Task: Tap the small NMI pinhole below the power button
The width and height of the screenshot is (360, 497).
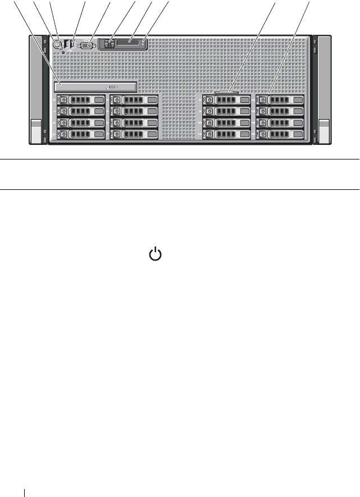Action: (x=63, y=52)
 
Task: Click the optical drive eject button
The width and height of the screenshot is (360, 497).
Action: (x=112, y=88)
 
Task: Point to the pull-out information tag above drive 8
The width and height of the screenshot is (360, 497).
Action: (x=226, y=91)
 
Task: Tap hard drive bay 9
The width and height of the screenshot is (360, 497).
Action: (x=226, y=111)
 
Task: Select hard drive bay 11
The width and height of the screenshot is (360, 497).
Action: (x=226, y=134)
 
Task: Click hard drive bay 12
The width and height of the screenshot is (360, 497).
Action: (x=279, y=100)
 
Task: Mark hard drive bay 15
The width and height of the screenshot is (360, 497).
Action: (x=279, y=134)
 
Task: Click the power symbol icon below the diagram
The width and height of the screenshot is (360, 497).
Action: (x=155, y=255)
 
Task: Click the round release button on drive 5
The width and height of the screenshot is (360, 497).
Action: (x=117, y=111)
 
